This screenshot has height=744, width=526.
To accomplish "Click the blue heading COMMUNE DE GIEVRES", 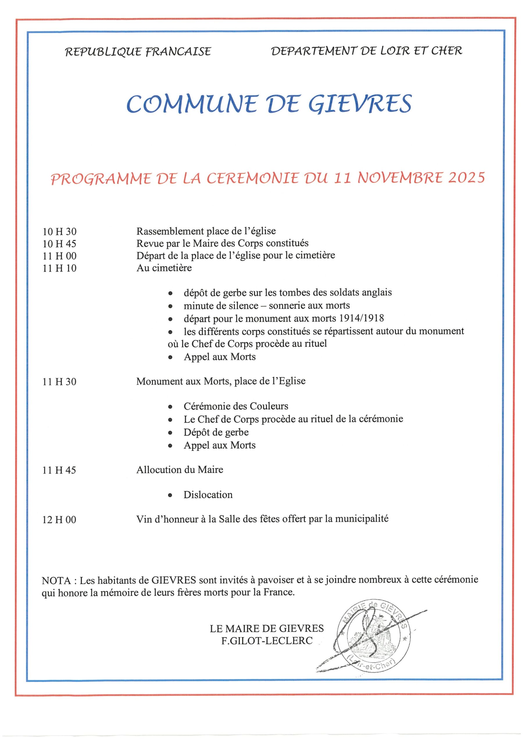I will point(269,104).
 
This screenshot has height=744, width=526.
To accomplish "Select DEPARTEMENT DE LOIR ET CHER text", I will point(366,51).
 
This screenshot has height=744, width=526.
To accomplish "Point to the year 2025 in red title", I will point(466,178).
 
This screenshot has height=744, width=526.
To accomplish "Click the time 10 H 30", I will point(60,232).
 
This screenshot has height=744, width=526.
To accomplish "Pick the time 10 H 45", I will point(60,244).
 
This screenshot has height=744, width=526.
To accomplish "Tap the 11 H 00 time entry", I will point(60,256).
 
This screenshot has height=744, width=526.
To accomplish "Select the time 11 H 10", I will point(60,268).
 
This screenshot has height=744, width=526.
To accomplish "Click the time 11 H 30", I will point(59,382).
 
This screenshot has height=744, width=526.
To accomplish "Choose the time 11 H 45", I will point(59,470).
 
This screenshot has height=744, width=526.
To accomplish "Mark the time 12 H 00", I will point(59,520).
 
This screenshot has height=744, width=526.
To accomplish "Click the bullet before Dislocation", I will point(170,496).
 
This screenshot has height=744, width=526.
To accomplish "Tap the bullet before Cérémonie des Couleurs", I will point(170,407).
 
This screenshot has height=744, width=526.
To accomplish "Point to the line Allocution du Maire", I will point(180,470).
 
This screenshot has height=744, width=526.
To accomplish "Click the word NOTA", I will point(56,580).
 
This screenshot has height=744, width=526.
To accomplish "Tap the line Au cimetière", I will point(164,268).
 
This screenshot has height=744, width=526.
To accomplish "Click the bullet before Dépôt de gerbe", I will point(170,433).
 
